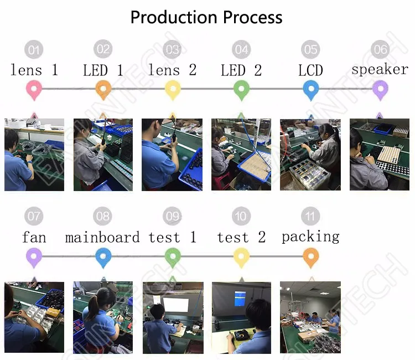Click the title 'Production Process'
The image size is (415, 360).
click(206, 17)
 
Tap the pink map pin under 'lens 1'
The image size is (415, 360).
click(34, 89)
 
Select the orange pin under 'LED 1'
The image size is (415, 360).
click(103, 89)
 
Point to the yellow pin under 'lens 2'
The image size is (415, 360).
click(173, 89)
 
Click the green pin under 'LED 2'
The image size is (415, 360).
click(241, 89)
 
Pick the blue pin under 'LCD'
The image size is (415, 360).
click(310, 89)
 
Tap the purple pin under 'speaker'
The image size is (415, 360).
click(380, 89)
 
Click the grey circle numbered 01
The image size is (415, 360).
click(34, 50)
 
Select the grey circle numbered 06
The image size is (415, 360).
click(380, 50)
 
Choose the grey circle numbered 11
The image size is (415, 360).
click(310, 215)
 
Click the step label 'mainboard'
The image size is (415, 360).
click(102, 238)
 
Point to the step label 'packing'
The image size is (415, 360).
click(310, 237)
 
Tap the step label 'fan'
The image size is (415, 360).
click(34, 238)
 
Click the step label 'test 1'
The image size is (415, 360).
click(173, 238)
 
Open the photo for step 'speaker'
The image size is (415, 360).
click(380, 155)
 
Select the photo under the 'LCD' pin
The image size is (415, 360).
click(310, 155)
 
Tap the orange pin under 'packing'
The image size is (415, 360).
click(310, 256)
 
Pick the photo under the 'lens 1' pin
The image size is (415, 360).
click(34, 155)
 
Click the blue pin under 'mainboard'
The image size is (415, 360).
click(103, 256)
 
